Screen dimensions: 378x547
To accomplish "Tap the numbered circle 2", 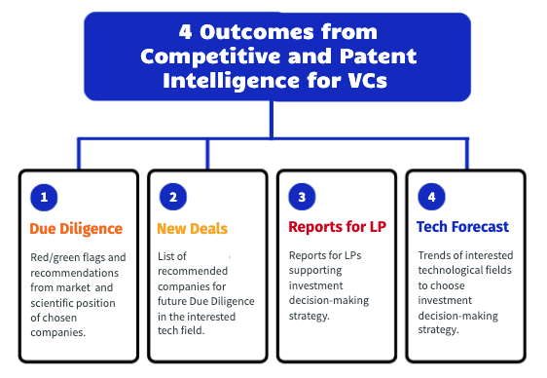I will point(172,197).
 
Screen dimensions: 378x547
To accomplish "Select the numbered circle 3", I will point(302,197).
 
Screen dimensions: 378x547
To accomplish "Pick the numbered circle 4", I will point(430,197).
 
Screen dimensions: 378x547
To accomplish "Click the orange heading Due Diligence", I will point(76,229).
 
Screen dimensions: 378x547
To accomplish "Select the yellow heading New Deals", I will point(192,229).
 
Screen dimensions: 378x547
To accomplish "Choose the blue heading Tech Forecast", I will point(462,227).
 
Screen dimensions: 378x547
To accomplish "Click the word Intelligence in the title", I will point(209,81).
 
